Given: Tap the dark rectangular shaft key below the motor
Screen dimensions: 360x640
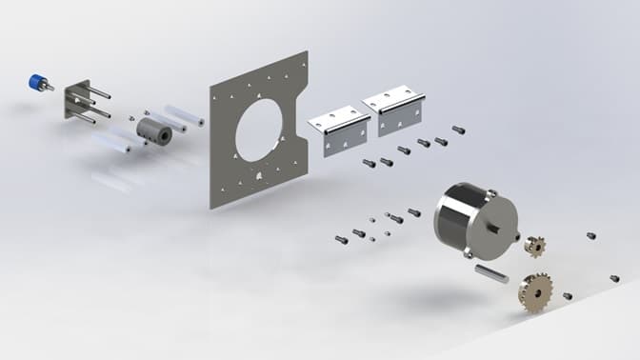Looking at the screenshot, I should [x=487, y=273].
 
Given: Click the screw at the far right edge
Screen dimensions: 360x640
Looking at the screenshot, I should [x=614, y=278].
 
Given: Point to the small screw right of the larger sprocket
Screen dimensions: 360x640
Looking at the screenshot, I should [x=568, y=296].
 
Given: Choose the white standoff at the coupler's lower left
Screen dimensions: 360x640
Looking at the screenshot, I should [x=114, y=145].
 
